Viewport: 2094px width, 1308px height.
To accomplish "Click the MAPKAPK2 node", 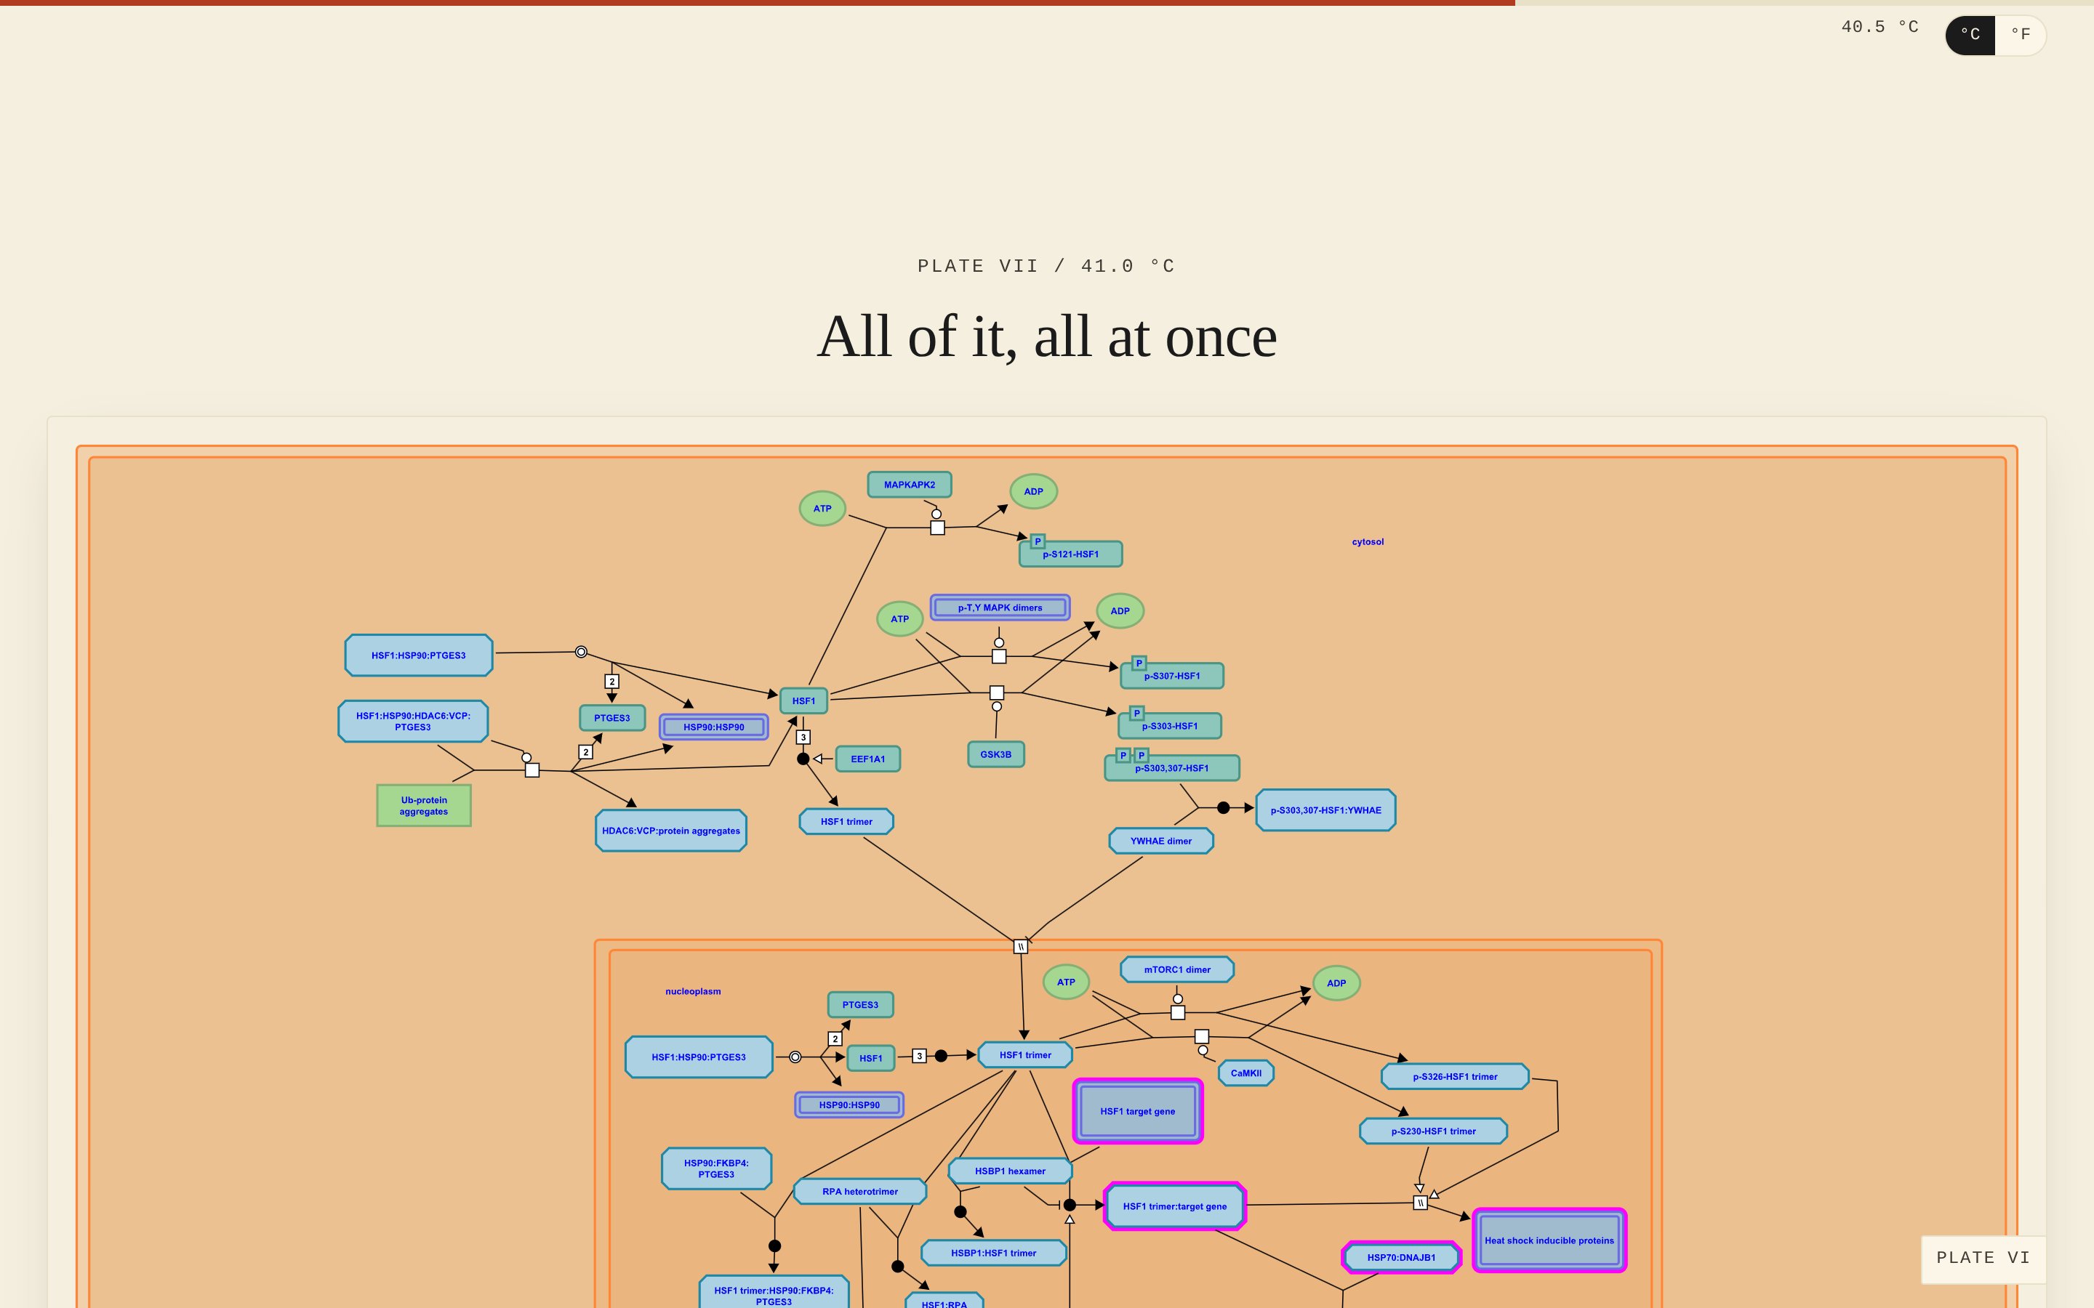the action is (910, 485).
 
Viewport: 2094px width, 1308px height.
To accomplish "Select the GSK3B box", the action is (996, 754).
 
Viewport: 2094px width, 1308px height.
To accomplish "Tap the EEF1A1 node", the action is (868, 759).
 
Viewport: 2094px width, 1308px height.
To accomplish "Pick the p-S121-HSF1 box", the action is (1070, 554).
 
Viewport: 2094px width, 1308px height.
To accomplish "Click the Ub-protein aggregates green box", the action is (424, 805).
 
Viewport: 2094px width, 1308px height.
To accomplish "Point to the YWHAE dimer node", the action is (1161, 841).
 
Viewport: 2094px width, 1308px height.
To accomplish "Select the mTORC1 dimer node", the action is (1177, 970).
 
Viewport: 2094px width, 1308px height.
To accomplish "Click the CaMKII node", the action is (1246, 1073).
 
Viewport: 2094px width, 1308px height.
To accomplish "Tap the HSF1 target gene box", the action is (1138, 1111).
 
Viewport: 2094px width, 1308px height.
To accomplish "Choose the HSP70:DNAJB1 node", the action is (1402, 1257).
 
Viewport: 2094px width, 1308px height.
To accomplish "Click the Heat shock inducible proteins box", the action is (1549, 1240).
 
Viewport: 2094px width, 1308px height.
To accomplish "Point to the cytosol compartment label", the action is (1368, 541).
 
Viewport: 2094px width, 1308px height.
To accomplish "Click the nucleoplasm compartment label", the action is (693, 991).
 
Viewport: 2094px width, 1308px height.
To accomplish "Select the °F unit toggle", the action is (2021, 35).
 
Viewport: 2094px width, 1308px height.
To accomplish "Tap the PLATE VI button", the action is (1983, 1259).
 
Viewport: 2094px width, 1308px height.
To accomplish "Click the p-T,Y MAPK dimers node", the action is (1000, 607).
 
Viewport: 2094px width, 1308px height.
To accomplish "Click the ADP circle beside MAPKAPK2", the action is (1033, 491).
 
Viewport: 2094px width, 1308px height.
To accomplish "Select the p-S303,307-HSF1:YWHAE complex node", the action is (1325, 810).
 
